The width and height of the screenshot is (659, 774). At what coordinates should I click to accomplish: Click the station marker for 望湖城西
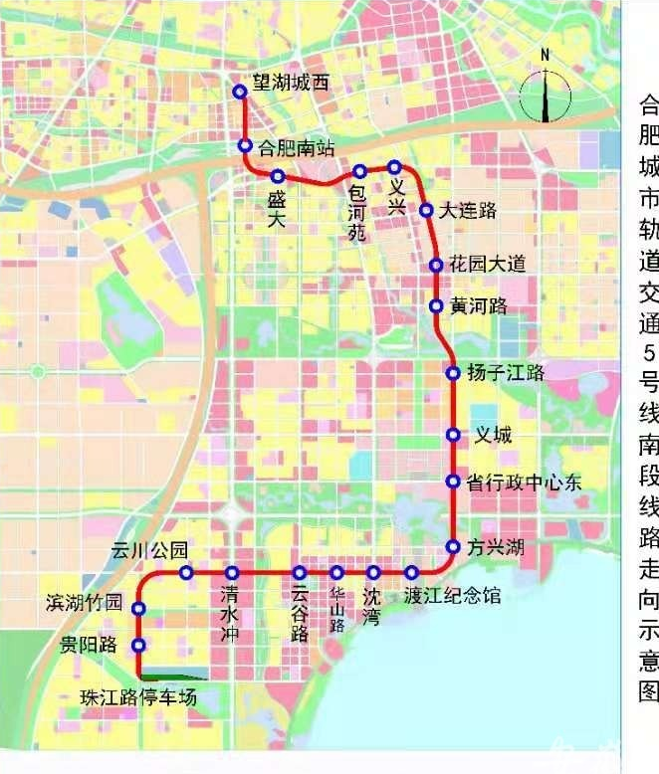click(x=239, y=92)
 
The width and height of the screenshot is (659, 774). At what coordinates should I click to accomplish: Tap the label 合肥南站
click(x=296, y=149)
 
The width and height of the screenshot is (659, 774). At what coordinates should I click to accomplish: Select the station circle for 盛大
click(x=278, y=176)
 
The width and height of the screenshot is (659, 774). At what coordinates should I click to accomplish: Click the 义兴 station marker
click(x=395, y=167)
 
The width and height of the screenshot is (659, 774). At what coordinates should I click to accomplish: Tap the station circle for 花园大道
click(x=436, y=265)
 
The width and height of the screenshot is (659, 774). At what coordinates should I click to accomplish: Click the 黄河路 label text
click(x=479, y=305)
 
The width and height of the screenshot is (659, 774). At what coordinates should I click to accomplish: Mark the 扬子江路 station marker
click(x=453, y=373)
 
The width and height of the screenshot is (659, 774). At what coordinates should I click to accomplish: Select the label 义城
click(x=493, y=435)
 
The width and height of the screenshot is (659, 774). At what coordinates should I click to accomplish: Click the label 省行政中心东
click(x=524, y=483)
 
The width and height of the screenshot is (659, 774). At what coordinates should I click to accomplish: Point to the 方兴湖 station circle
click(x=453, y=546)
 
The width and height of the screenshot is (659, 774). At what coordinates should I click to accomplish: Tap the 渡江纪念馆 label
click(x=453, y=597)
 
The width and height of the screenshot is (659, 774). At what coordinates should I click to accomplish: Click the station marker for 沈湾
click(x=373, y=572)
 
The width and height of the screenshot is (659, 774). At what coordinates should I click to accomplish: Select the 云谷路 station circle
click(x=300, y=572)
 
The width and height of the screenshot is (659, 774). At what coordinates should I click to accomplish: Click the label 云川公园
click(x=148, y=550)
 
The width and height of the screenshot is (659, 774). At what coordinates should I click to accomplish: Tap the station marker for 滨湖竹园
click(x=139, y=608)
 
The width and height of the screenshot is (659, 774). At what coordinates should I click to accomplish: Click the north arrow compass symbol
click(x=546, y=90)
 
